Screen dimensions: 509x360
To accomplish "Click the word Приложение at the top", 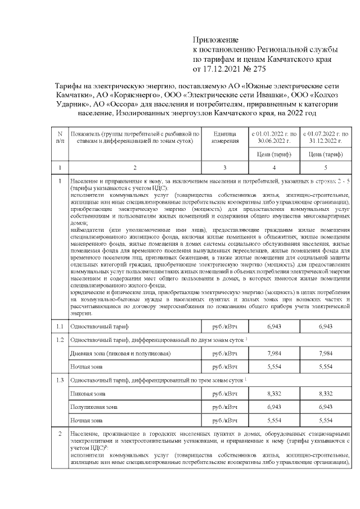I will tap(216, 40).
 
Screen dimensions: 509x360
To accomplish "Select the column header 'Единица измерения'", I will tap(224, 137).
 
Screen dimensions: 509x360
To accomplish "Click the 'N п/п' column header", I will tap(60, 137).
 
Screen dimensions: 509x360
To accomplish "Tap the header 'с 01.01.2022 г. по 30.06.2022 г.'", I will tap(273, 137).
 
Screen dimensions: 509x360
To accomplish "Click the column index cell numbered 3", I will tap(224, 168).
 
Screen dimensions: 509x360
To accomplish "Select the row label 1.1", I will tap(60, 326).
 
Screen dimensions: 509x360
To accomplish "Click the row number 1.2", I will tap(60, 340).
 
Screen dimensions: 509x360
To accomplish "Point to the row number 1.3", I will tap(60, 381).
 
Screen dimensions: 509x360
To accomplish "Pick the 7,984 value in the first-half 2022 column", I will tap(273, 353).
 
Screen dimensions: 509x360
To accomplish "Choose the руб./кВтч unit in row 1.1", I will tap(224, 326).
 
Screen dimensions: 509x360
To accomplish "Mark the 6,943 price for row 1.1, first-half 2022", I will tap(273, 326).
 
